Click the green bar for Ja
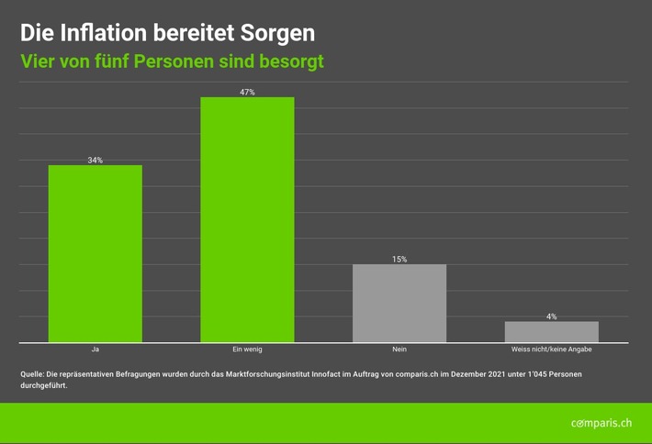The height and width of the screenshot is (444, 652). coord(95,253)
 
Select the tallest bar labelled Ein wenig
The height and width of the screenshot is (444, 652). coord(247,219)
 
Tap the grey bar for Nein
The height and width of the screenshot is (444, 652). coord(399,303)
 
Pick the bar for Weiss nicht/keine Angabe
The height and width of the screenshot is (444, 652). coord(551,331)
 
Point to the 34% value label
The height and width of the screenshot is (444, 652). coord(95,161)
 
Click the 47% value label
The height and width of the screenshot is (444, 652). coord(247,93)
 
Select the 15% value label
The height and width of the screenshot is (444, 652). coord(399,260)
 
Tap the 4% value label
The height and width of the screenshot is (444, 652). coord(551,316)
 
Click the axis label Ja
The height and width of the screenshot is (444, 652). coord(95,350)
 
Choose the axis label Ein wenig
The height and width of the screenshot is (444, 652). coord(247,350)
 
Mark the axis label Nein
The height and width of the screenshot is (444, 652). coord(399,350)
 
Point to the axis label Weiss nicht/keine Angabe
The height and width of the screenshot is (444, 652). coord(551,350)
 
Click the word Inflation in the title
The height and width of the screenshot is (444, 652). coord(101,33)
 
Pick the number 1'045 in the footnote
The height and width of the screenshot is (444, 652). coord(517,374)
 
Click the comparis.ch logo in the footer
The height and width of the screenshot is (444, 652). coord(601,423)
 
